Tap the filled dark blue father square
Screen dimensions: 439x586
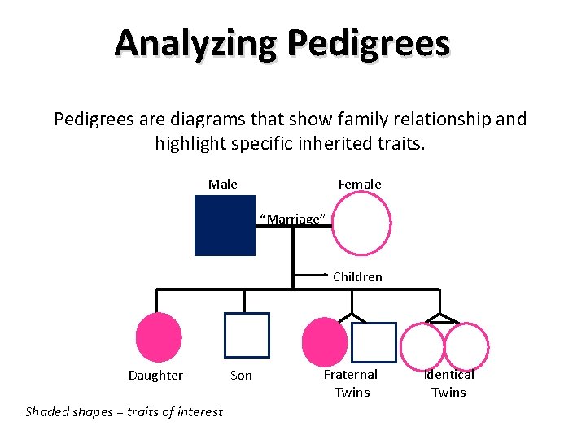tap(225, 225)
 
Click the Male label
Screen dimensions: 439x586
tap(223, 185)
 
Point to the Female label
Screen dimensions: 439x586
tap(360, 185)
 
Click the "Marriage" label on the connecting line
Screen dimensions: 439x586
tap(293, 219)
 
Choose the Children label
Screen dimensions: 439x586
tap(357, 276)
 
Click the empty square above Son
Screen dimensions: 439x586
tap(247, 336)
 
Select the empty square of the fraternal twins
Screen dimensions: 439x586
tap(374, 342)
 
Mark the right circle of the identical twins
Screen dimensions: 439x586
tap(464, 345)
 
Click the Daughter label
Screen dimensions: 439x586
tap(155, 376)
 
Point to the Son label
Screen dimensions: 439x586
tap(241, 376)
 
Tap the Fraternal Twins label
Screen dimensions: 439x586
tap(351, 383)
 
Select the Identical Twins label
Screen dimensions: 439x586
tap(448, 383)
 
